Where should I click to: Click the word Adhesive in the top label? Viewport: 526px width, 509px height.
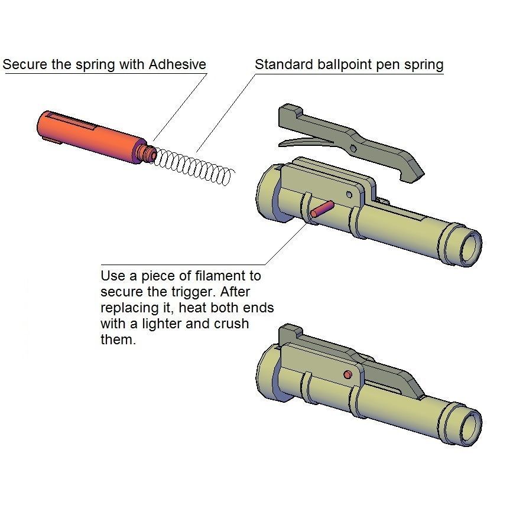click(177, 64)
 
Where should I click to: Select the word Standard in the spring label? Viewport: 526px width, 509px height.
click(284, 64)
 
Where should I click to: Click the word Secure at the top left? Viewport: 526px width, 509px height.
click(25, 64)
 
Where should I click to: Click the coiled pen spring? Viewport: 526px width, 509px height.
click(194, 167)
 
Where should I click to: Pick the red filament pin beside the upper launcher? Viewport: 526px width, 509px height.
click(322, 209)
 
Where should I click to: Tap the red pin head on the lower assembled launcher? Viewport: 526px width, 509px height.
click(348, 374)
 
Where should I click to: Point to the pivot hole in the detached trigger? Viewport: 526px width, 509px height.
click(353, 148)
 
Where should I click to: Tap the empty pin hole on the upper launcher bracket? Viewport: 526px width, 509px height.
click(349, 194)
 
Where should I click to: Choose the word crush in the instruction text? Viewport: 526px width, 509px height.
click(232, 324)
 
